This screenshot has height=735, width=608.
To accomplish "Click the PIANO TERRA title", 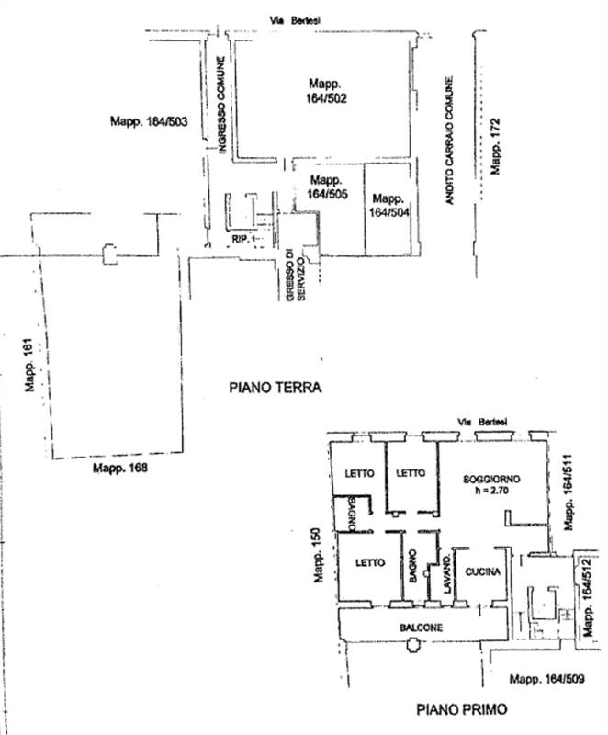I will tap(275, 388).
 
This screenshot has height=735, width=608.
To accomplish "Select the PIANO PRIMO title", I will tap(461, 708).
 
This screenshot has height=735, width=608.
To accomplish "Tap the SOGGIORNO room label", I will tap(492, 480).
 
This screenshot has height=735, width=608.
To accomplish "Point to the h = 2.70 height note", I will tap(491, 492).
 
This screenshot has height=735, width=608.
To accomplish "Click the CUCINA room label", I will tap(482, 572).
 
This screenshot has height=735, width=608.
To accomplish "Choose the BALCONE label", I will tap(421, 628).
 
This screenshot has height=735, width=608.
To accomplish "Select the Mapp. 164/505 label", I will tap(326, 187).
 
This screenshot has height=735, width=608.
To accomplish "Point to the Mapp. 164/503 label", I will tap(150, 120).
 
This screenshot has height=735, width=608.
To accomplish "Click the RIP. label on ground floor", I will tap(242, 240).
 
